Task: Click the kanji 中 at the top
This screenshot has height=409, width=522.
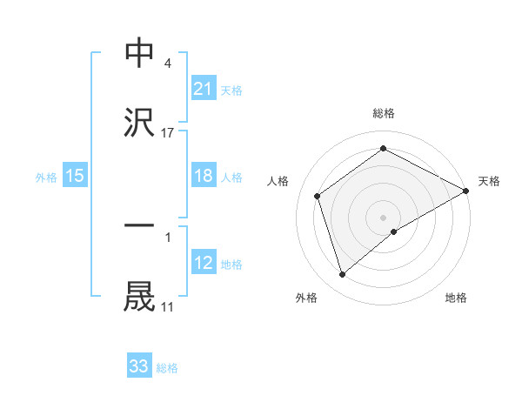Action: pyautogui.click(x=140, y=53)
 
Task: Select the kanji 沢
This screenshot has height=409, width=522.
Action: pyautogui.click(x=140, y=123)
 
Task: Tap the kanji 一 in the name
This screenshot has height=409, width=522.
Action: pyautogui.click(x=140, y=225)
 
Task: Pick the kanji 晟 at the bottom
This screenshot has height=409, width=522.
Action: pyautogui.click(x=140, y=296)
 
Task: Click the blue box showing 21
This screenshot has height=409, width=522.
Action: pyautogui.click(x=204, y=88)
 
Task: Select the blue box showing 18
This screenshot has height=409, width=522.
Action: pyautogui.click(x=204, y=176)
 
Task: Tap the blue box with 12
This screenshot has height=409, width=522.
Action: pyautogui.click(x=204, y=263)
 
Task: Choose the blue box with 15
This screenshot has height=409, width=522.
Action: pyautogui.click(x=75, y=176)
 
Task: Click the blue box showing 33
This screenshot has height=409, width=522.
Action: pyautogui.click(x=139, y=366)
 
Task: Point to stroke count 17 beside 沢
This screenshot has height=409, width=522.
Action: pyautogui.click(x=168, y=133)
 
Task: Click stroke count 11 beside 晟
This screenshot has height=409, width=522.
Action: pyautogui.click(x=168, y=306)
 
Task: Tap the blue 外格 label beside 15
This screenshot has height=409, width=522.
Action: pyautogui.click(x=46, y=177)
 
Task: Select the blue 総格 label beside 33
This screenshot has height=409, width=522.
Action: pyautogui.click(x=167, y=367)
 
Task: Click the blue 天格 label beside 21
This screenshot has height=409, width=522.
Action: pyautogui.click(x=231, y=89)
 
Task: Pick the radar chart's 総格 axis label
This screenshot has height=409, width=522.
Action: pyautogui.click(x=384, y=113)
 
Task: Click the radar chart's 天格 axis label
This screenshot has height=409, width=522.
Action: pyautogui.click(x=489, y=181)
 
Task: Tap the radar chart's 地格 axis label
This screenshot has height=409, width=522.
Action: pyautogui.click(x=456, y=298)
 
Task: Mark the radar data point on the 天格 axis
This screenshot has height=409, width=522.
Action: pyautogui.click(x=466, y=190)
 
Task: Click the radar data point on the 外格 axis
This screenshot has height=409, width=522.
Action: pyautogui.click(x=342, y=275)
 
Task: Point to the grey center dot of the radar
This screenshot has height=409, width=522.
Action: pyautogui.click(x=384, y=217)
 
